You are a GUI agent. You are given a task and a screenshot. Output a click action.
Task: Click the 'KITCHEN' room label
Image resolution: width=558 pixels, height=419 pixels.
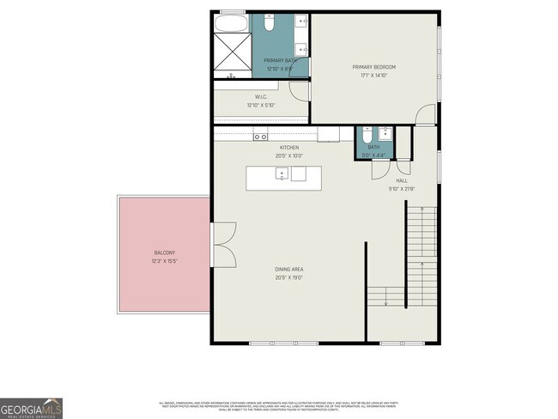[x=288, y=148]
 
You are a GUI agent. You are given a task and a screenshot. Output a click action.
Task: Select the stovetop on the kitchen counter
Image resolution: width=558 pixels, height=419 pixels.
[x=260, y=136]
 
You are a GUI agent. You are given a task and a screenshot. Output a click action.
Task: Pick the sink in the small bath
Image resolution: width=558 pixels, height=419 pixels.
[x=385, y=133]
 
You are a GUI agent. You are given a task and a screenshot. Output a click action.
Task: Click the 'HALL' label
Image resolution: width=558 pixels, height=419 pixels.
[x=401, y=181]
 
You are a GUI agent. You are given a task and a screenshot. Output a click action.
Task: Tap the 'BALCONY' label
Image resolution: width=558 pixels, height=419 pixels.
[x=165, y=252]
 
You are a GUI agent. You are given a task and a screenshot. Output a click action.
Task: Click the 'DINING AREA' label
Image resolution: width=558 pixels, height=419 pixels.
[x=289, y=270]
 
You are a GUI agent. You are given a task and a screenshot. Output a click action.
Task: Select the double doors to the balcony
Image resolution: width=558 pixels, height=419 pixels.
[x=224, y=246]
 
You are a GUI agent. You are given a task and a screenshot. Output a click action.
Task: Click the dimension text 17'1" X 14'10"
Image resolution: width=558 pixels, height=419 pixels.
[x=374, y=75]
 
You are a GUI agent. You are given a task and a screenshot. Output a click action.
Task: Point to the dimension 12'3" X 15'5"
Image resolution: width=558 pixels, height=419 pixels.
[x=165, y=259]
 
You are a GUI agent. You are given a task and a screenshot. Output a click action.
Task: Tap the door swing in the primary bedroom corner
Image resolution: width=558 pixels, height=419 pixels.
[x=426, y=114]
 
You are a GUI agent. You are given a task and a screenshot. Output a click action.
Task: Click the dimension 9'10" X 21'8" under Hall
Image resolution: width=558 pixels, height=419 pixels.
[x=401, y=189]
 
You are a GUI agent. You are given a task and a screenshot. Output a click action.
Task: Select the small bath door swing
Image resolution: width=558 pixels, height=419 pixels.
[x=379, y=169]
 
